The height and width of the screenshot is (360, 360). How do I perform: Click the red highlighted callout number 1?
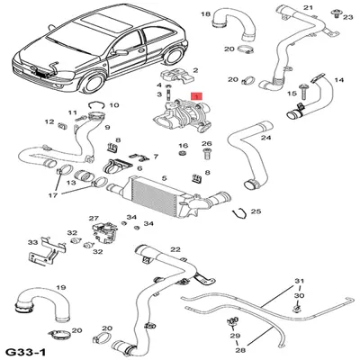click(x=197, y=96)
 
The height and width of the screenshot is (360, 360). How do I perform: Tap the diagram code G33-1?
click(x=26, y=352)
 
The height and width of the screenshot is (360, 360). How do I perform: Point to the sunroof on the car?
click(x=106, y=22)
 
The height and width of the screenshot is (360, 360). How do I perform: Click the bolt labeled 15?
click(x=302, y=93)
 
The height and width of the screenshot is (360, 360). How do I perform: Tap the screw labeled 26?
click(x=207, y=155)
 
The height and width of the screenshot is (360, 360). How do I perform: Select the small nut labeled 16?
click(x=182, y=154)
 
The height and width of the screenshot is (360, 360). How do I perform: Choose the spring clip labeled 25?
click(x=240, y=212)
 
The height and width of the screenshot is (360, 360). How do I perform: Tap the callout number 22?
click(x=175, y=249)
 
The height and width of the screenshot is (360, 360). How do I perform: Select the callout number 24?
click(x=265, y=138)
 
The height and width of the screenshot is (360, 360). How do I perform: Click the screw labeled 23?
click(x=336, y=13)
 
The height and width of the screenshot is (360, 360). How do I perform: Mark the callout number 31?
click(x=299, y=281)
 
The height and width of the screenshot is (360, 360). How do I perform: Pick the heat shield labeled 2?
click(x=178, y=77)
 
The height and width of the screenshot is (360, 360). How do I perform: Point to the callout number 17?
click(x=53, y=195)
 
